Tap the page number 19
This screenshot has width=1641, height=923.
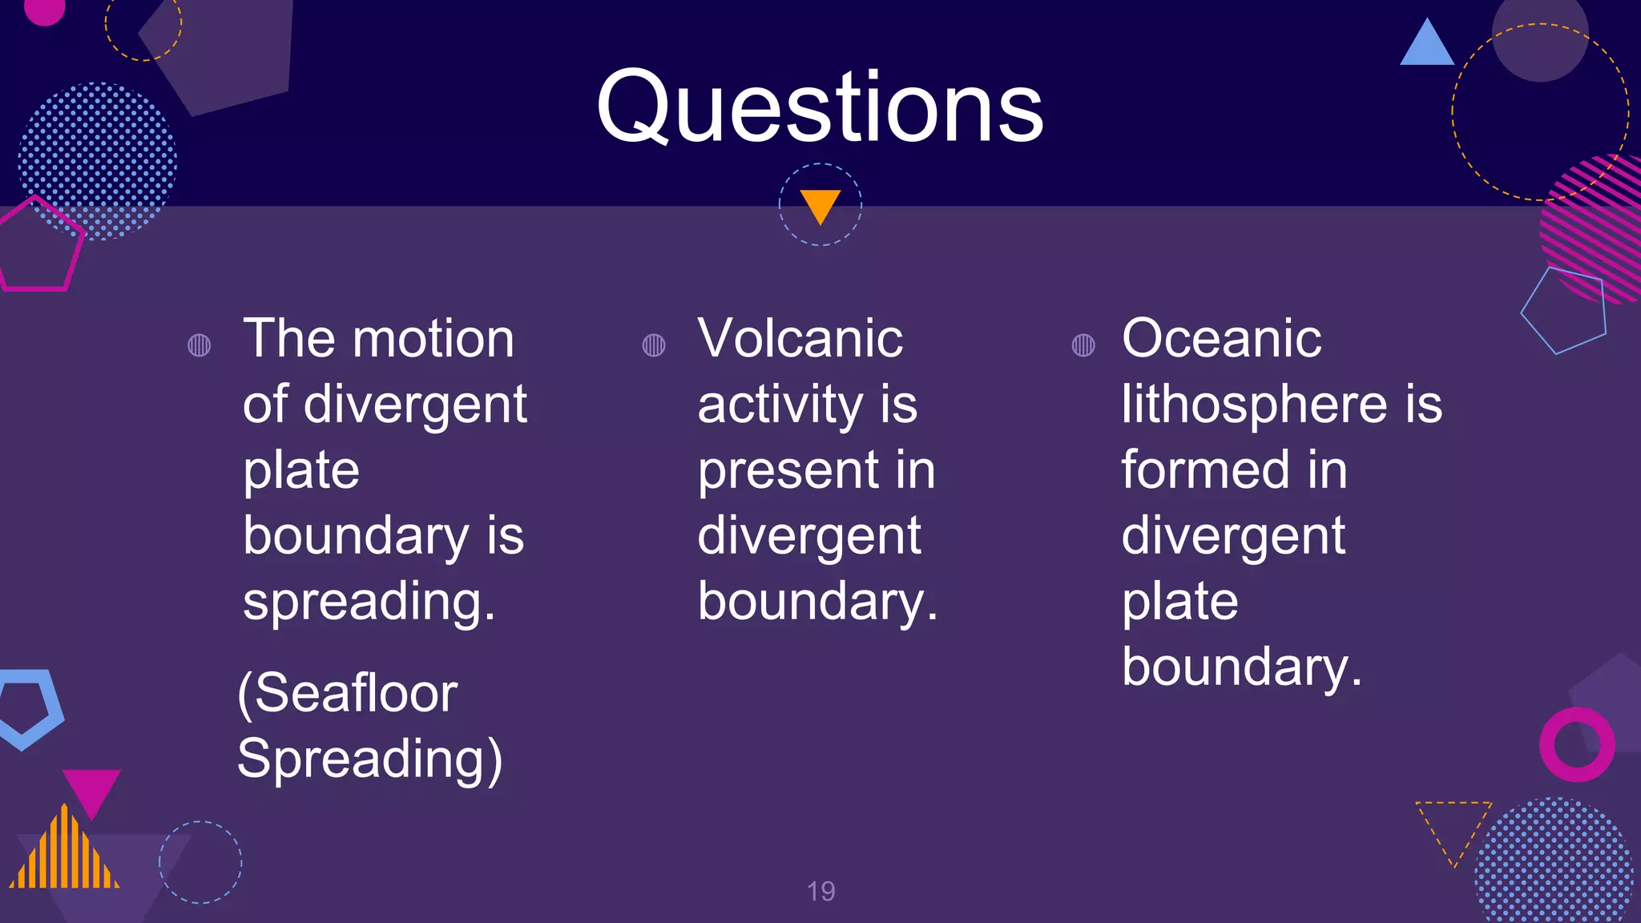820,891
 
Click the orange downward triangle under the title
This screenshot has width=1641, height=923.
820,205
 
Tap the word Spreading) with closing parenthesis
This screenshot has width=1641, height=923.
369,759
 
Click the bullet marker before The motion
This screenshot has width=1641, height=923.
199,345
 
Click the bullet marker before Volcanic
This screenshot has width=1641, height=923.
654,345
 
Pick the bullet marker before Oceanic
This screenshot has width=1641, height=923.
1083,345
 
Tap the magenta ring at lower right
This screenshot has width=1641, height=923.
1576,744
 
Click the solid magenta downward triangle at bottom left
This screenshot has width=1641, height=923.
91,789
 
